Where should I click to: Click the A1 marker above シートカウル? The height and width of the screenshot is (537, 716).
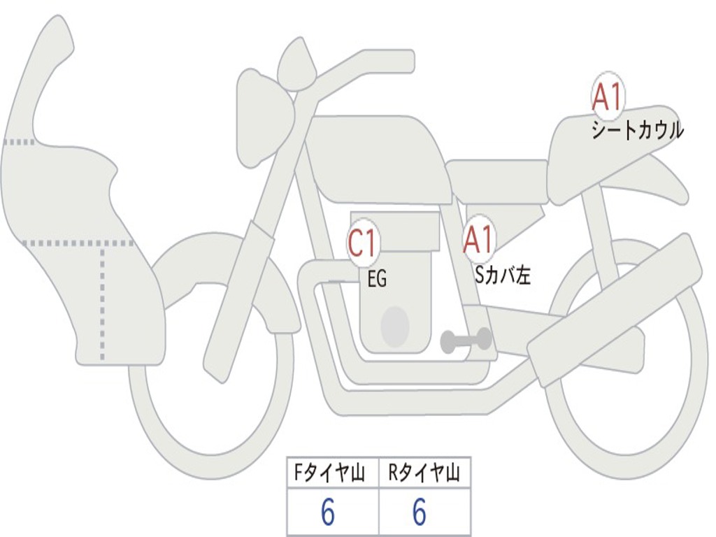[x=608, y=97]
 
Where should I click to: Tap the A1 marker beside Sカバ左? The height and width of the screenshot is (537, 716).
[x=479, y=241]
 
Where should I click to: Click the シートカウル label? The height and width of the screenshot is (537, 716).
[x=637, y=131]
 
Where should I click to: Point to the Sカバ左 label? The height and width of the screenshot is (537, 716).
[x=503, y=275]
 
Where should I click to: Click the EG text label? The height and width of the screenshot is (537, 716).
[x=377, y=280]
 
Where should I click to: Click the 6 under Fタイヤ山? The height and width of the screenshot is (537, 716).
[x=328, y=513]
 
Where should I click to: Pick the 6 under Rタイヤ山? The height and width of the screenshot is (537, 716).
[x=420, y=513]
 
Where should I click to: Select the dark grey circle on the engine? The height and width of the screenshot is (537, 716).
[x=395, y=327]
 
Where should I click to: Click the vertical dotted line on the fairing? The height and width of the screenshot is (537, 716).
[x=103, y=301]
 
